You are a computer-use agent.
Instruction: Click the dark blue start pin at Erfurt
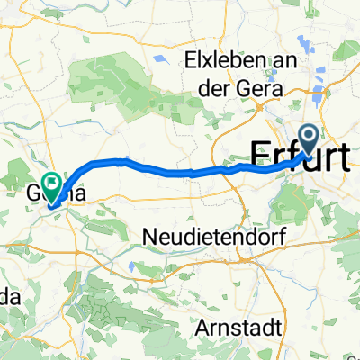click(x=308, y=139)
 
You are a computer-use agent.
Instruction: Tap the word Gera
click(x=261, y=88)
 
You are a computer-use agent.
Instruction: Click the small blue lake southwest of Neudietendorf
click(x=132, y=266)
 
